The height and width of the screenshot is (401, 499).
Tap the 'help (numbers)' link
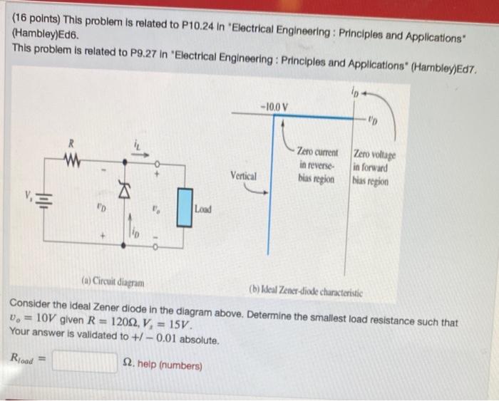tap(170, 366)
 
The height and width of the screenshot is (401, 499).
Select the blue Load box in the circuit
tap(185, 207)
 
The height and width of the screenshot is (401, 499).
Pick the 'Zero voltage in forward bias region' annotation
tap(375, 167)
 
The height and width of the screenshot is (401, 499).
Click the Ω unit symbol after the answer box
tap(129, 365)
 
